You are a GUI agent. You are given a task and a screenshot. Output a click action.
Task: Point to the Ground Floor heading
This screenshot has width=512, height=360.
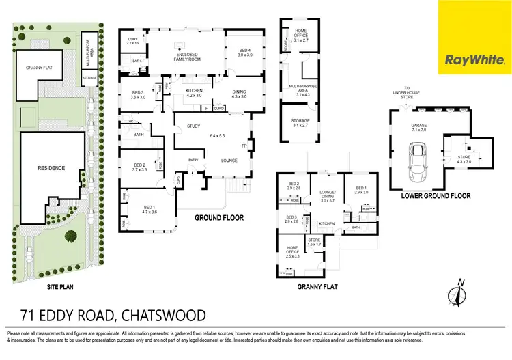220,219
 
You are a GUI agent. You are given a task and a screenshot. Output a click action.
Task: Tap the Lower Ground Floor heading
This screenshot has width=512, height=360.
437,196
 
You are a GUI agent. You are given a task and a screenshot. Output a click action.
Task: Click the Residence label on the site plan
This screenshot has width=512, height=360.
51,167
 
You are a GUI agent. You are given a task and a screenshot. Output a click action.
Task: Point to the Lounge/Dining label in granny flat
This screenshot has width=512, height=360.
326,195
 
